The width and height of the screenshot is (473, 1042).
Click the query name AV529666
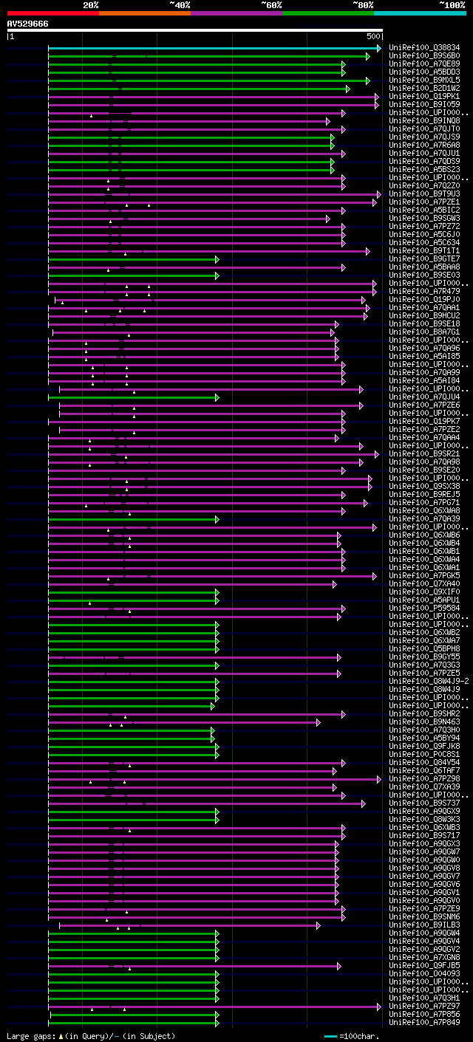click(28, 24)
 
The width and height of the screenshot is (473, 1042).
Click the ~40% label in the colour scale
click(180, 4)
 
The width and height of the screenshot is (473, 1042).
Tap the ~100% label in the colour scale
click(452, 4)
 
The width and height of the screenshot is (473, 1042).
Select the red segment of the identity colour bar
click(52, 13)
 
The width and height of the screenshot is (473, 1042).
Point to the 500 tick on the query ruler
click(373, 36)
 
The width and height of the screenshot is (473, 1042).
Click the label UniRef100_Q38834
click(424, 48)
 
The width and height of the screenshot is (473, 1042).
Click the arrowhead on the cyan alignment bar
click(378, 48)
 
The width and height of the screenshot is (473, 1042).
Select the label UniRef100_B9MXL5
click(424, 80)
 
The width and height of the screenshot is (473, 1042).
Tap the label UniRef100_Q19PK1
click(424, 97)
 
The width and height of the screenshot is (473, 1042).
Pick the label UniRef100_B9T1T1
click(424, 251)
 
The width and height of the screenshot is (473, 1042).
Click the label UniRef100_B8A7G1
click(424, 332)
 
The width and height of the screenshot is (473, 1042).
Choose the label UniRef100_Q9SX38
click(424, 487)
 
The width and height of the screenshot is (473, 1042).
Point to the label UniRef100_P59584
click(424, 609)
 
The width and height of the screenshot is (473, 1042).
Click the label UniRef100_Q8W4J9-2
click(429, 682)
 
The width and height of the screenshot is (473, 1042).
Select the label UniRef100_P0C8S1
click(424, 755)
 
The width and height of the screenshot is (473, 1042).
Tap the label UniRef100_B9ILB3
click(424, 925)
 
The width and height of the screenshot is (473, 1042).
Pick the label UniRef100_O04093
click(424, 974)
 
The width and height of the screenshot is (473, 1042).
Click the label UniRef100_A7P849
click(424, 1023)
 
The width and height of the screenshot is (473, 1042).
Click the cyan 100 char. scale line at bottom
click(330, 1036)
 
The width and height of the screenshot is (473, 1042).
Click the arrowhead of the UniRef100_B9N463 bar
click(319, 722)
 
